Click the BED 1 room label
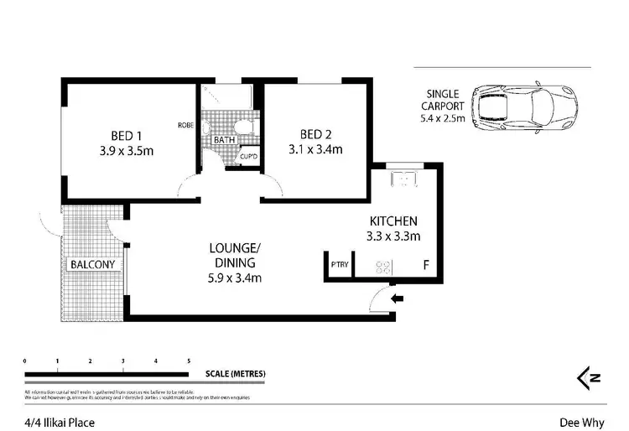tap(126, 134)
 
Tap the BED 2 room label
tap(314, 134)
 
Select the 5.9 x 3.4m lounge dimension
tap(236, 278)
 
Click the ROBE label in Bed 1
tap(186, 125)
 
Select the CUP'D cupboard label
tap(249, 157)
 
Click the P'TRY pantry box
tap(339, 266)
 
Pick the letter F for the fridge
tap(427, 267)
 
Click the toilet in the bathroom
tap(242, 127)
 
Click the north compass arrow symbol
tap(589, 379)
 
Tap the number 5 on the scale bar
tap(189, 361)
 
